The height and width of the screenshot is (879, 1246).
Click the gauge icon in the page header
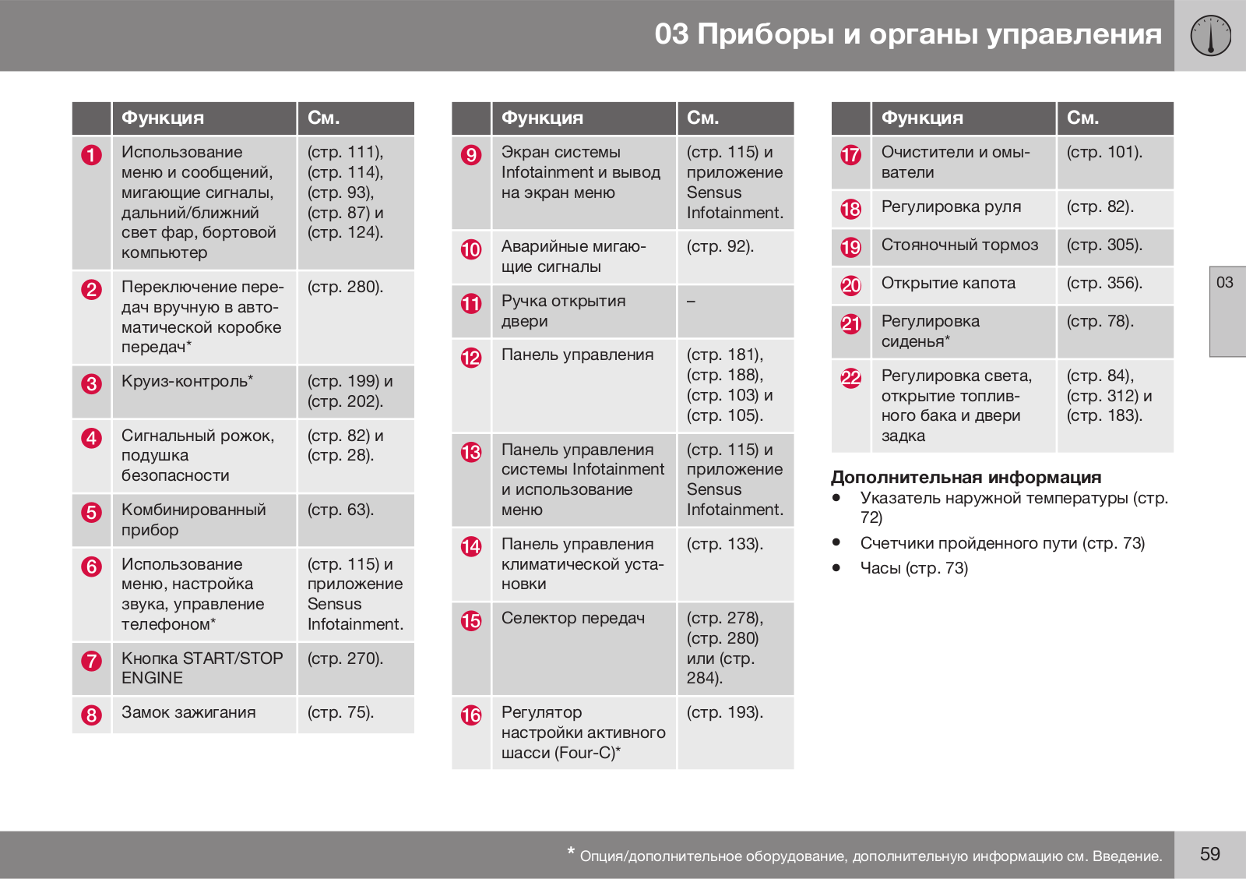click(x=1210, y=36)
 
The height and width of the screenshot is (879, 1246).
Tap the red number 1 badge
click(x=92, y=155)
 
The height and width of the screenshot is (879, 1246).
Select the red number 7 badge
click(x=92, y=662)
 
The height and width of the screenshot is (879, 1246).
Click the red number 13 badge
click(x=471, y=453)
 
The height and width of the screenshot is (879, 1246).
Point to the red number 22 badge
click(x=851, y=379)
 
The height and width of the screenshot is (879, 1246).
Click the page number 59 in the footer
click(x=1209, y=854)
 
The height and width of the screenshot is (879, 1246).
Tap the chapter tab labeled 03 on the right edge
click(x=1225, y=283)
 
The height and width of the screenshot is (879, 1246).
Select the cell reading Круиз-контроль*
click(x=188, y=382)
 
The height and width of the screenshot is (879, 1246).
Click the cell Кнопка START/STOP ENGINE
click(x=202, y=668)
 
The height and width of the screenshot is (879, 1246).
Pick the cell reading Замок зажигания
click(x=188, y=712)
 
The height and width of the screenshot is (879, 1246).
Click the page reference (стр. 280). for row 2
click(x=345, y=287)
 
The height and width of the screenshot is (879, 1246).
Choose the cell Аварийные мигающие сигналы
click(x=573, y=256)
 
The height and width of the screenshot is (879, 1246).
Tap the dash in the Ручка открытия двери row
click(x=692, y=302)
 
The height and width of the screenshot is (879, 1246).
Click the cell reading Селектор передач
click(x=573, y=618)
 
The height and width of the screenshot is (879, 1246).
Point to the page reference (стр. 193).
click(x=724, y=712)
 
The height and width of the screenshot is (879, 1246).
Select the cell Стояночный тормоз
click(x=959, y=245)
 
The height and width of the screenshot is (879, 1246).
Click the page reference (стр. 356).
click(x=1104, y=283)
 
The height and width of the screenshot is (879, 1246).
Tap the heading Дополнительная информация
click(x=966, y=477)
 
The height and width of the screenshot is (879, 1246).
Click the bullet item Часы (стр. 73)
click(x=913, y=568)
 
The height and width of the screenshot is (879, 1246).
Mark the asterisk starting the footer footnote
click(x=572, y=853)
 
